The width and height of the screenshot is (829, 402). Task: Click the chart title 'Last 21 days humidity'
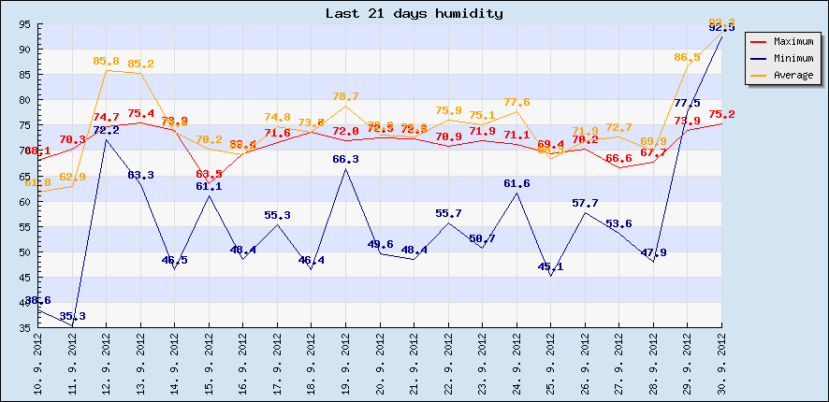(x=414, y=13)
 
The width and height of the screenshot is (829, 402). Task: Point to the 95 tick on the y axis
(x=23, y=24)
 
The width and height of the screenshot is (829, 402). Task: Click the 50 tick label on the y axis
(x=23, y=252)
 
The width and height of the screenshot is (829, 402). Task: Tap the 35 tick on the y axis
(x=23, y=328)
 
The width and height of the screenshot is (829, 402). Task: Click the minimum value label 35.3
(x=72, y=317)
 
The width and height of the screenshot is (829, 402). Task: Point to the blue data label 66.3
(x=346, y=159)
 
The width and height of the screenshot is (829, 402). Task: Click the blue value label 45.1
(x=551, y=266)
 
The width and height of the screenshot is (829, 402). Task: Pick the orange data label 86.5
(x=688, y=57)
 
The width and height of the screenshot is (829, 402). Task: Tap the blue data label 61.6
(x=516, y=183)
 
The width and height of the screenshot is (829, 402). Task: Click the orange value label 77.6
(x=516, y=102)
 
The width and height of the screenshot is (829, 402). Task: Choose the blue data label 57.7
(x=585, y=203)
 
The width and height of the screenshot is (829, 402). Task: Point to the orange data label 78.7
(x=346, y=96)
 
